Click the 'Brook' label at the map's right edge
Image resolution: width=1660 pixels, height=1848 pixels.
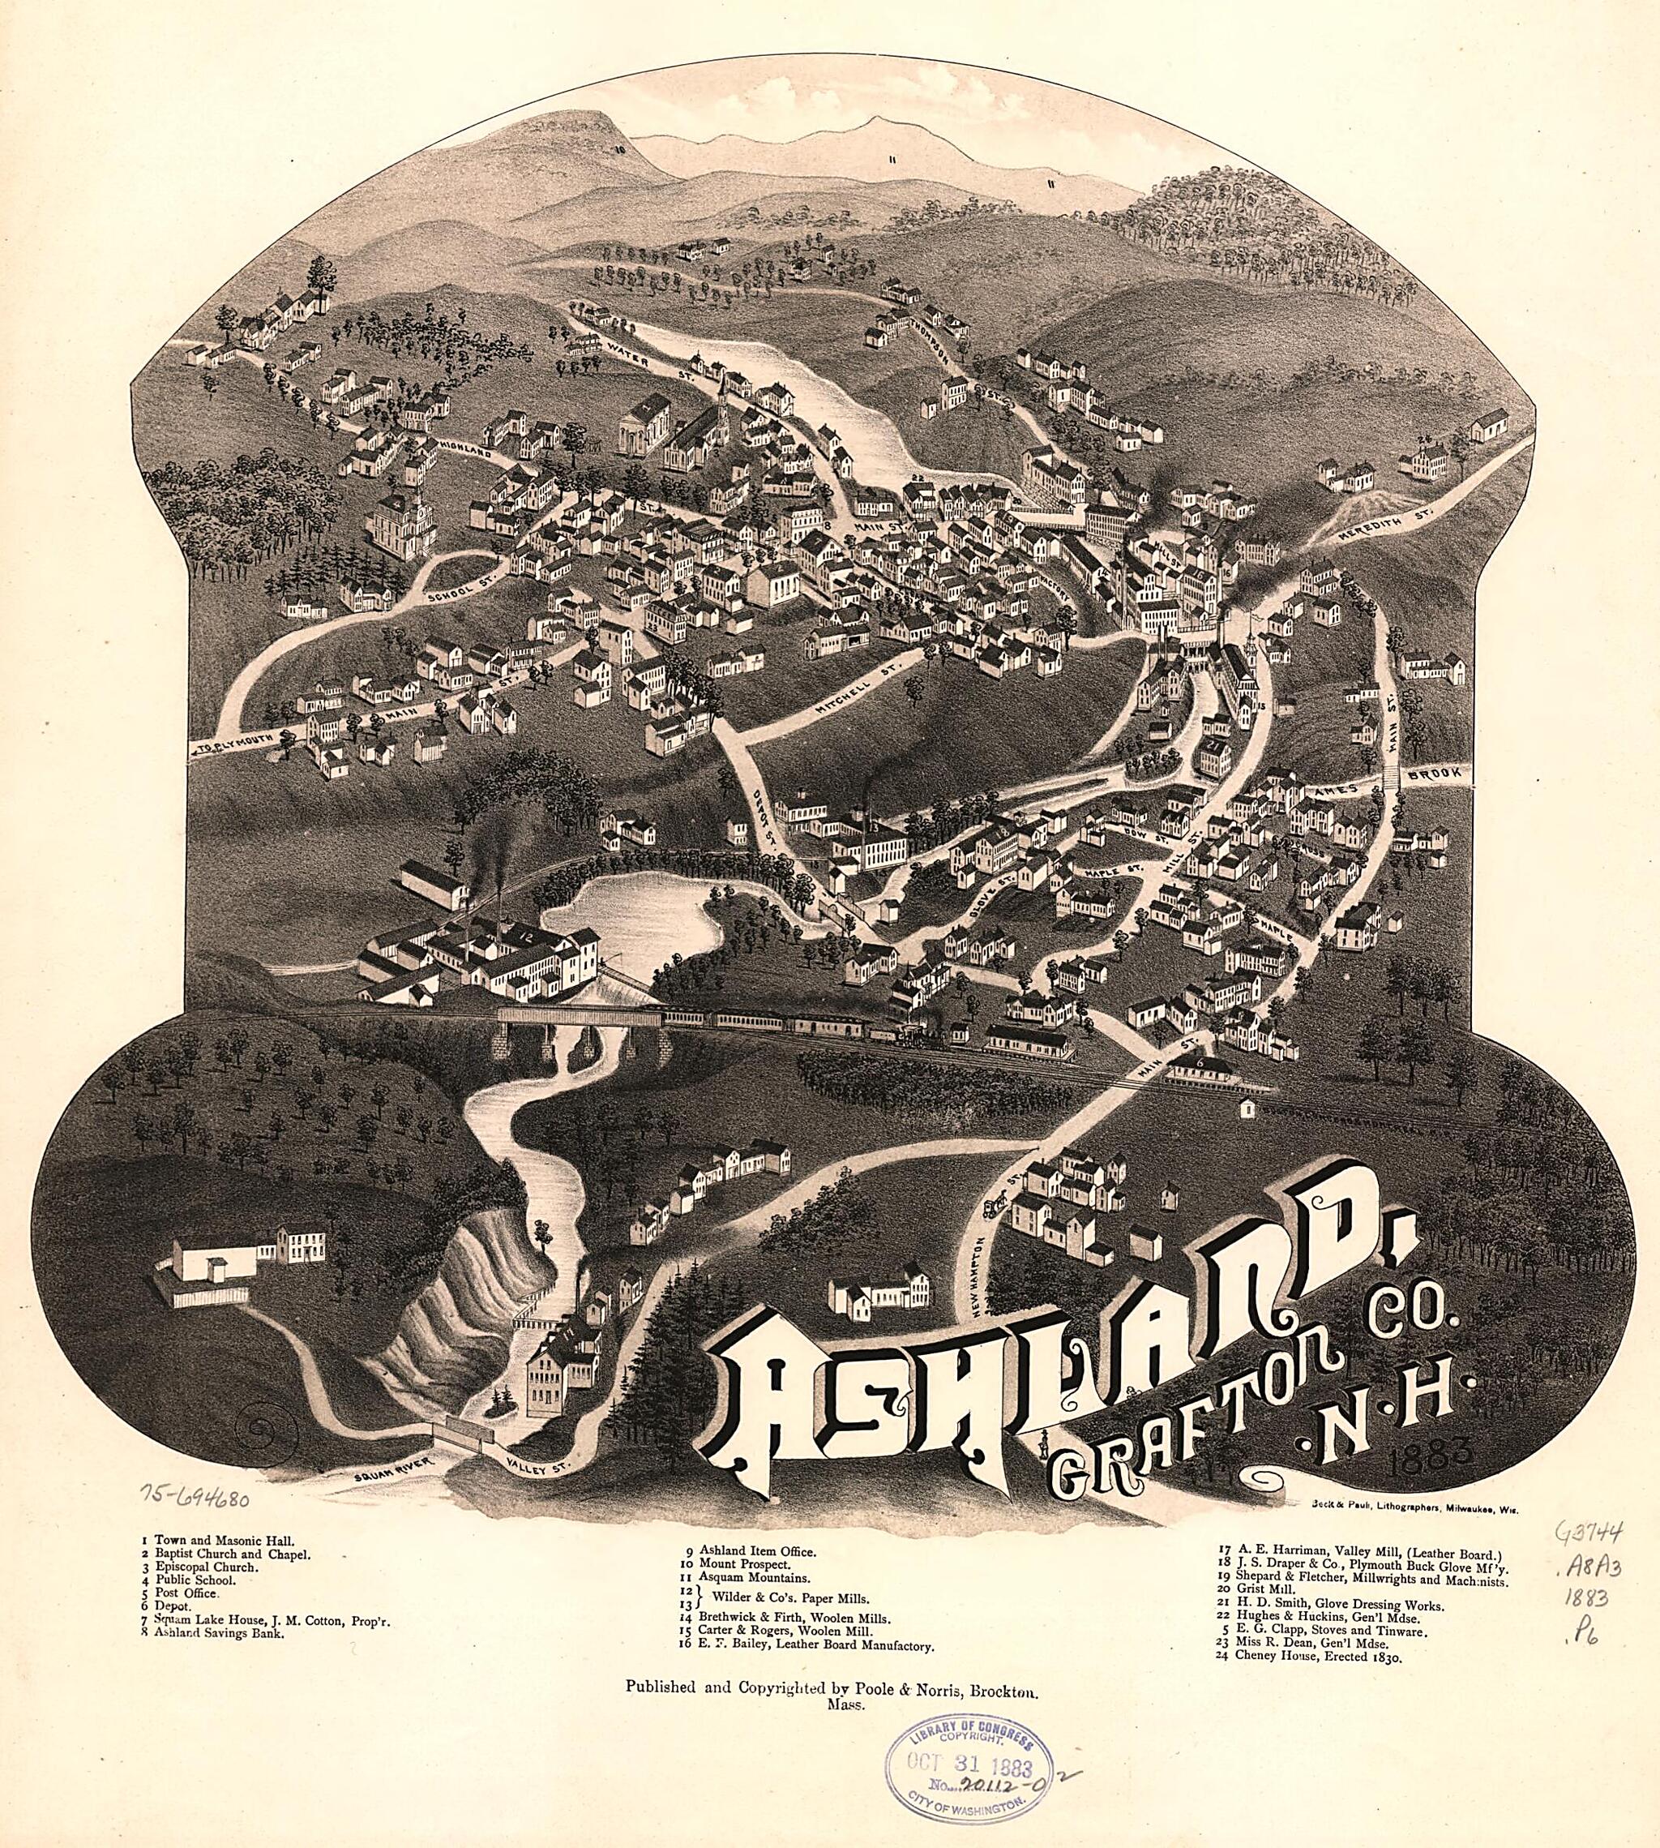1439,772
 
